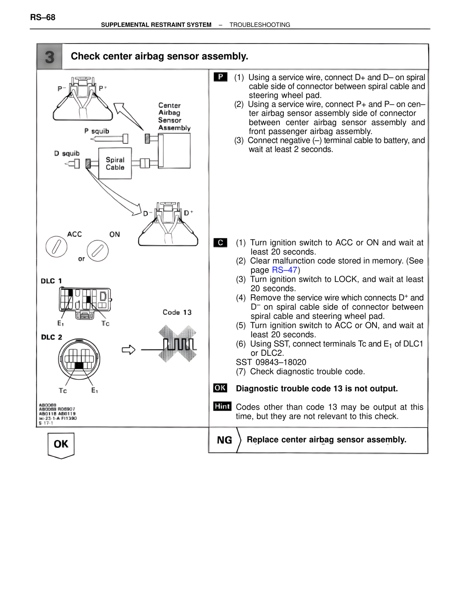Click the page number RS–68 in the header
[x=43, y=17]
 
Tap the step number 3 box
[x=49, y=57]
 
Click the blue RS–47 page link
[x=284, y=270]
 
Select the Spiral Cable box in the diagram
[x=115, y=163]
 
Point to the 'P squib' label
[x=96, y=131]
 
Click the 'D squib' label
[x=67, y=154]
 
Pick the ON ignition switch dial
[x=97, y=251]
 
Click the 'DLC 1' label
[x=51, y=281]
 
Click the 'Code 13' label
[x=177, y=312]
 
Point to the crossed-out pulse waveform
[x=178, y=344]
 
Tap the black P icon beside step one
[x=220, y=77]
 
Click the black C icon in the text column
[x=220, y=243]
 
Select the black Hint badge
[x=222, y=406]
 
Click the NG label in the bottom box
[x=224, y=440]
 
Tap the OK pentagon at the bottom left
[x=61, y=445]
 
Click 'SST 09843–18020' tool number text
[x=271, y=362]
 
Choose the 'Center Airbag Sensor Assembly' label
[x=174, y=116]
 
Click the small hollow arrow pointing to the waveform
[x=128, y=350]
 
